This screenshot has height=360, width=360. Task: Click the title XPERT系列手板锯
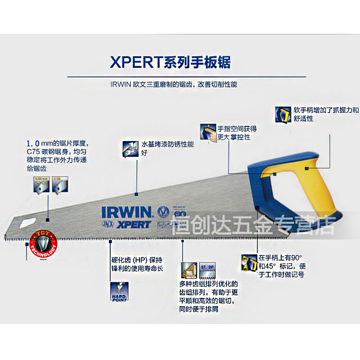(170, 62)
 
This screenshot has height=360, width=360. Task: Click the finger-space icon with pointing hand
(208, 133)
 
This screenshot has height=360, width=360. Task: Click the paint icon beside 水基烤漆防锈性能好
(130, 148)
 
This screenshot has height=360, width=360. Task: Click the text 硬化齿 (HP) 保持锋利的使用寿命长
(137, 264)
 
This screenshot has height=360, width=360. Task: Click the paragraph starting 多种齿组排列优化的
(208, 297)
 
